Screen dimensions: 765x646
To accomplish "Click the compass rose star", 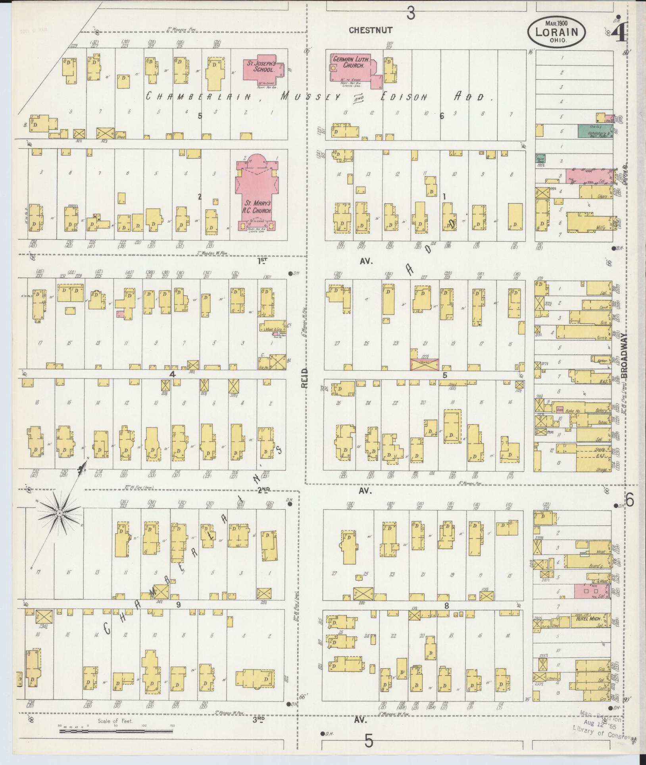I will click(x=59, y=513).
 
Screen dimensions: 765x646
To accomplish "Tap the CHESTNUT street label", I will click(x=371, y=30).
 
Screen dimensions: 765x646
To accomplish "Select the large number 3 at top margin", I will click(x=411, y=14).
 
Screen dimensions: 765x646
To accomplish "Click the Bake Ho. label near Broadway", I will click(x=573, y=411).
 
